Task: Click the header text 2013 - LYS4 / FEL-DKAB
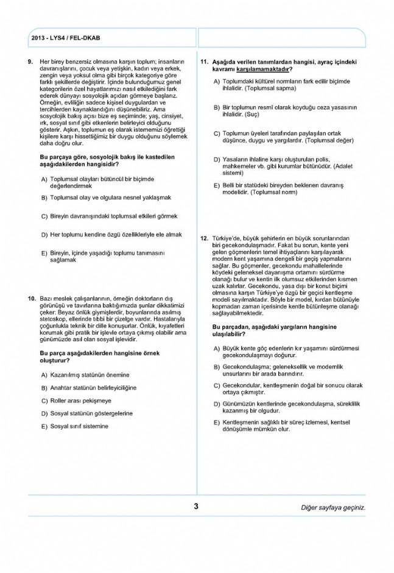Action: click(65, 38)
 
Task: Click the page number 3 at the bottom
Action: click(196, 506)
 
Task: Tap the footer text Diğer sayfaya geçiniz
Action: click(333, 507)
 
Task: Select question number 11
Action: click(205, 62)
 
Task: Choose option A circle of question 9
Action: click(44, 180)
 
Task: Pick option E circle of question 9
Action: click(44, 254)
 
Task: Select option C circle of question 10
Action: click(44, 400)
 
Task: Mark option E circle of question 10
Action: click(44, 427)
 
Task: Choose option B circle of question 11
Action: click(216, 108)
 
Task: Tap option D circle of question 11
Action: click(216, 160)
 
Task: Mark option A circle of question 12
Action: click(216, 348)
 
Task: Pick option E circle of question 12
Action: click(216, 422)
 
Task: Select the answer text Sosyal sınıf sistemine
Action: click(79, 426)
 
